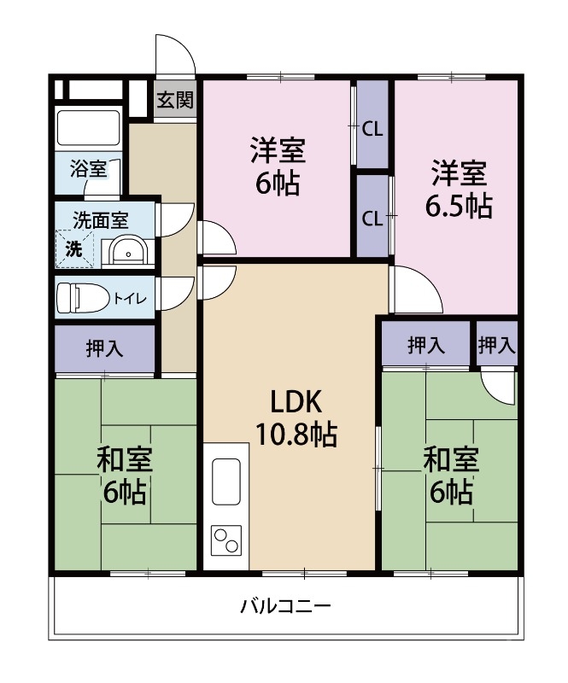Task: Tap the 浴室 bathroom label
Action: point(88,168)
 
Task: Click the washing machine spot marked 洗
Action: point(76,250)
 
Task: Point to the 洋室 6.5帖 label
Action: point(459,189)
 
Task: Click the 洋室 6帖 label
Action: point(278,167)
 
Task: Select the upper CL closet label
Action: point(372,129)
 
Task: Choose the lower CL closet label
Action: point(372,217)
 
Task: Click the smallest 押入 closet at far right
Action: point(496,345)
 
